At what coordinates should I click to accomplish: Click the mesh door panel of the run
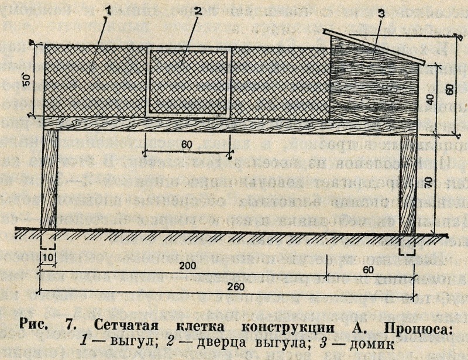188,81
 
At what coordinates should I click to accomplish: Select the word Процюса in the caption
412,325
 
